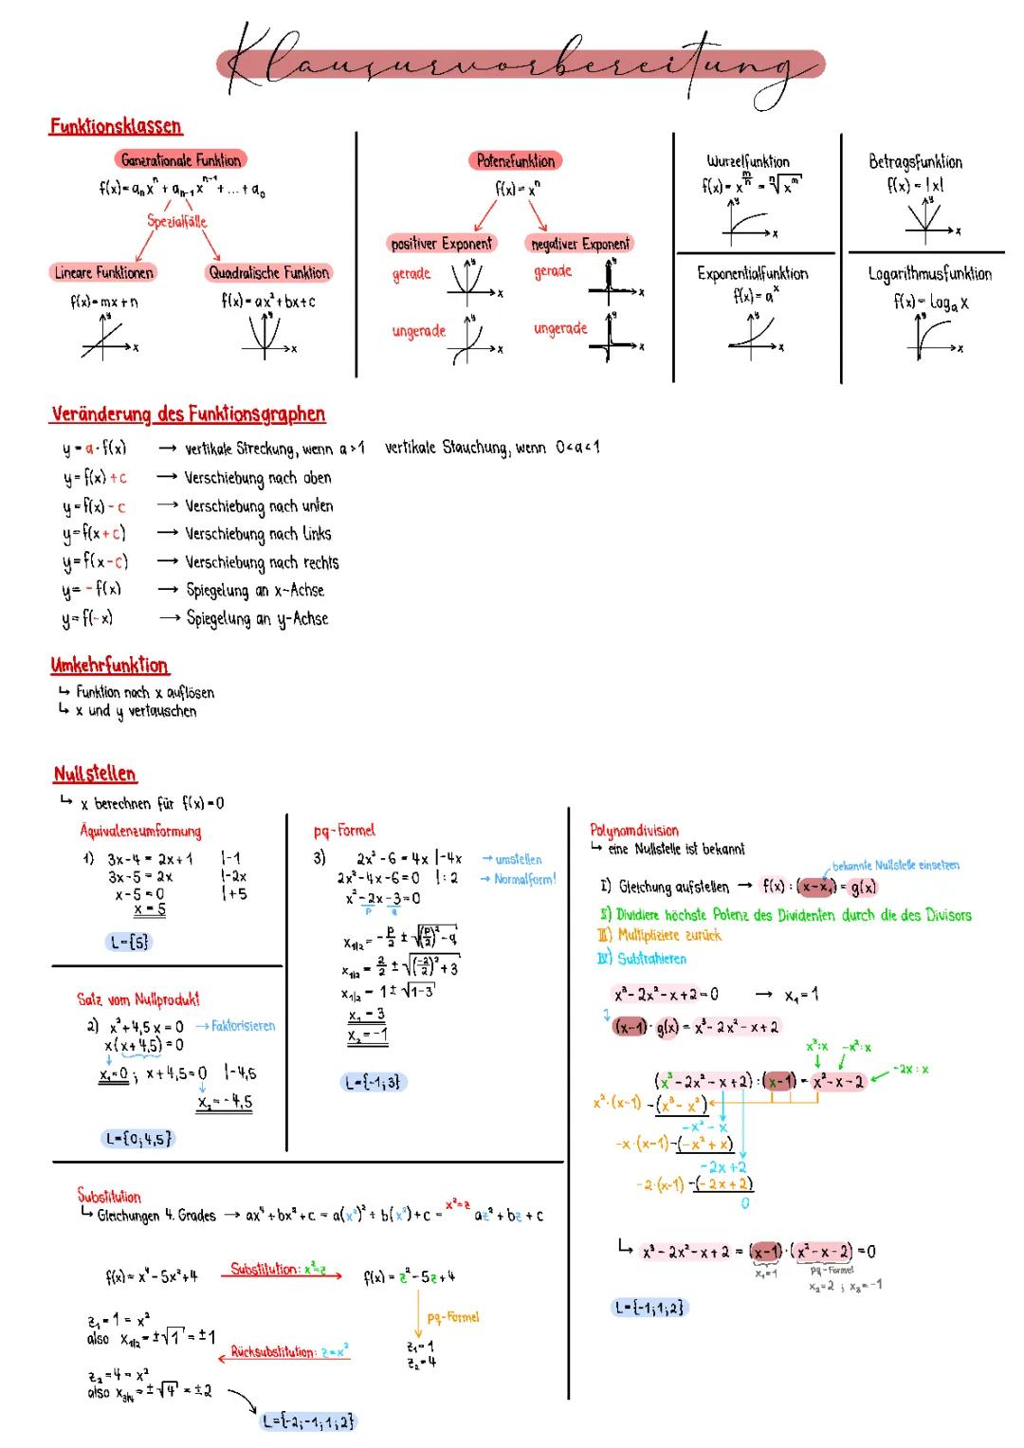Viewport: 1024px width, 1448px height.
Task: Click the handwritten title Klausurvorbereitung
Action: coord(517,64)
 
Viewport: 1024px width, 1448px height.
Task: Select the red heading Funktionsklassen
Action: coord(116,126)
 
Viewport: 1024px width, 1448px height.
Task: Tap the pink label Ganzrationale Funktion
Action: coord(181,160)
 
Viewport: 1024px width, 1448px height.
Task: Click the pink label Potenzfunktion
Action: coord(516,161)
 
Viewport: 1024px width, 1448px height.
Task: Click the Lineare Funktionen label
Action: coord(103,272)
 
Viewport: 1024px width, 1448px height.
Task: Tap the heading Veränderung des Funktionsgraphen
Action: coord(188,414)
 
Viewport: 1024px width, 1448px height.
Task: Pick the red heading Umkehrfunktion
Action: coord(110,665)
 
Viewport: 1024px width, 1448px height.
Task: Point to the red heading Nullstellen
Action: coord(95,774)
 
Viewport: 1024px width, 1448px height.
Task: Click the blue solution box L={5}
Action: coord(129,942)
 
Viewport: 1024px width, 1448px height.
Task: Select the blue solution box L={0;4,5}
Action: coord(137,1138)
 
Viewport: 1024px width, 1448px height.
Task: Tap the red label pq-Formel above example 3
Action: coord(344,831)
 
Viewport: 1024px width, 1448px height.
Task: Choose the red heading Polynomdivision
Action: coord(634,831)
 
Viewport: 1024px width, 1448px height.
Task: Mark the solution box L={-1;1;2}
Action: coord(649,1307)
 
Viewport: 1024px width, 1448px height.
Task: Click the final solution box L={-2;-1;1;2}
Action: coord(308,1421)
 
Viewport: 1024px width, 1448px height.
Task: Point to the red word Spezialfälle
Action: coord(176,222)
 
